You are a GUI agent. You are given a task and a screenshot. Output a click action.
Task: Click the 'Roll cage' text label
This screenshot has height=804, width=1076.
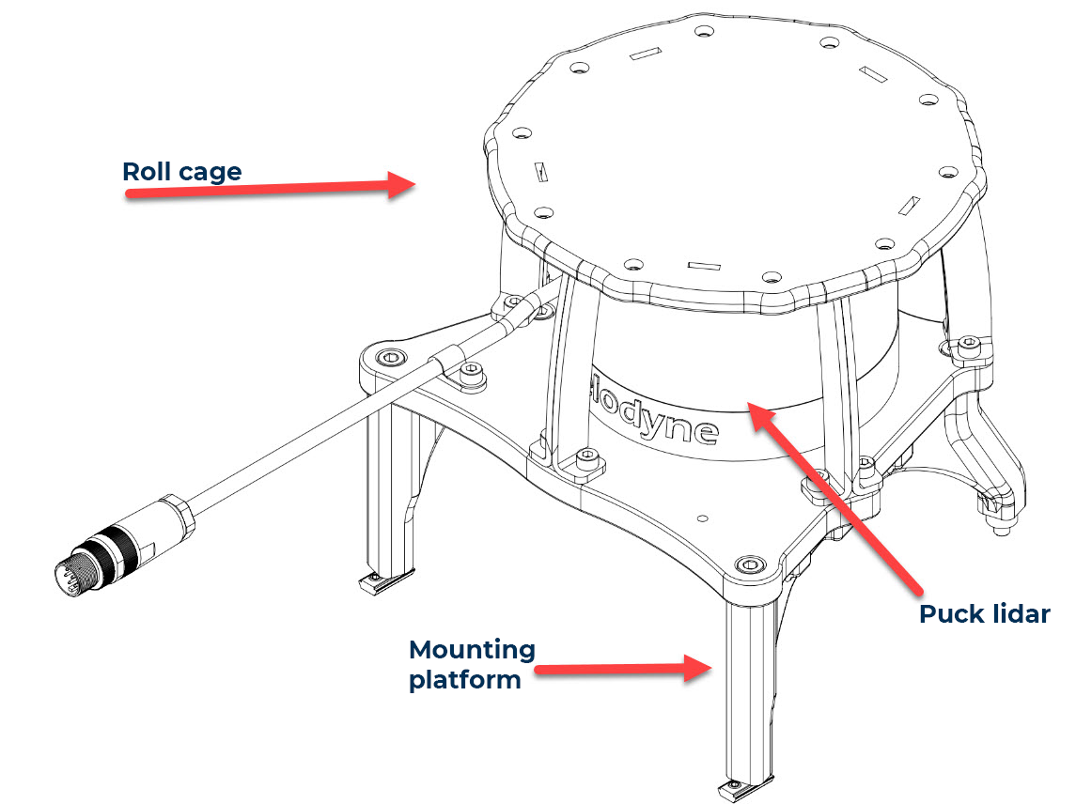[181, 172]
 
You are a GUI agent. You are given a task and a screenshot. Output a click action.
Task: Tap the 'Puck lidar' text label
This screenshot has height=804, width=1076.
[983, 614]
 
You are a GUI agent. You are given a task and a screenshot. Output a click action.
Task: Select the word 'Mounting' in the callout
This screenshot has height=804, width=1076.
[472, 650]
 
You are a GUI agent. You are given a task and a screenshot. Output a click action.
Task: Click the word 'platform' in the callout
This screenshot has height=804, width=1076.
[464, 679]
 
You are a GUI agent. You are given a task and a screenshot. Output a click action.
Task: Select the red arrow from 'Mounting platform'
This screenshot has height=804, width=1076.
[624, 669]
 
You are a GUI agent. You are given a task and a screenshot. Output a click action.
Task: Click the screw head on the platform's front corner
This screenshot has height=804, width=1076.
[751, 564]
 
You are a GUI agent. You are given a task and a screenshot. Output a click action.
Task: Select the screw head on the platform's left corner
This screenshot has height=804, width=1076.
[390, 358]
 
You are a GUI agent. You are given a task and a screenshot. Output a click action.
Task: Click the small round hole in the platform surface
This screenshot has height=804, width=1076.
[702, 517]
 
